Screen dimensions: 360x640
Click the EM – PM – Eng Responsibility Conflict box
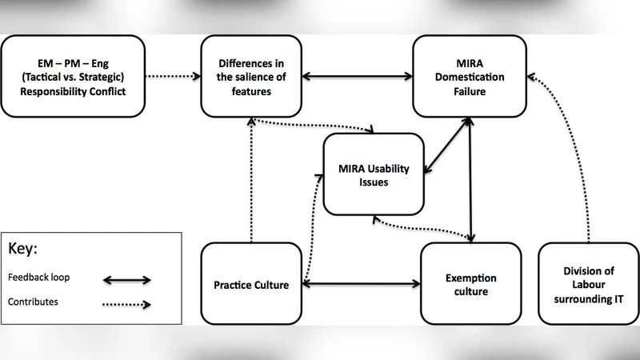(75, 76)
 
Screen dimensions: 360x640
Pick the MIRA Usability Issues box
(374, 174)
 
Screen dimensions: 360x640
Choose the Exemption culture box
(470, 284)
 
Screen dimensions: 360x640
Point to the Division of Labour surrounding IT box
(588, 283)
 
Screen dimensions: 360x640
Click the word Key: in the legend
(25, 248)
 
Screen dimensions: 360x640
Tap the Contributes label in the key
(34, 302)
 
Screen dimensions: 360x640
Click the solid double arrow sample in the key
(127, 279)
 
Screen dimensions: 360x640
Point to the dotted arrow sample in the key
(127, 303)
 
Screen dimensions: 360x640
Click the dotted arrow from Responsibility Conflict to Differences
(174, 77)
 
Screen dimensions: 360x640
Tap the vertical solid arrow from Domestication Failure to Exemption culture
(471, 180)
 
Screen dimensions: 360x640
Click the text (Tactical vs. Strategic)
(75, 76)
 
